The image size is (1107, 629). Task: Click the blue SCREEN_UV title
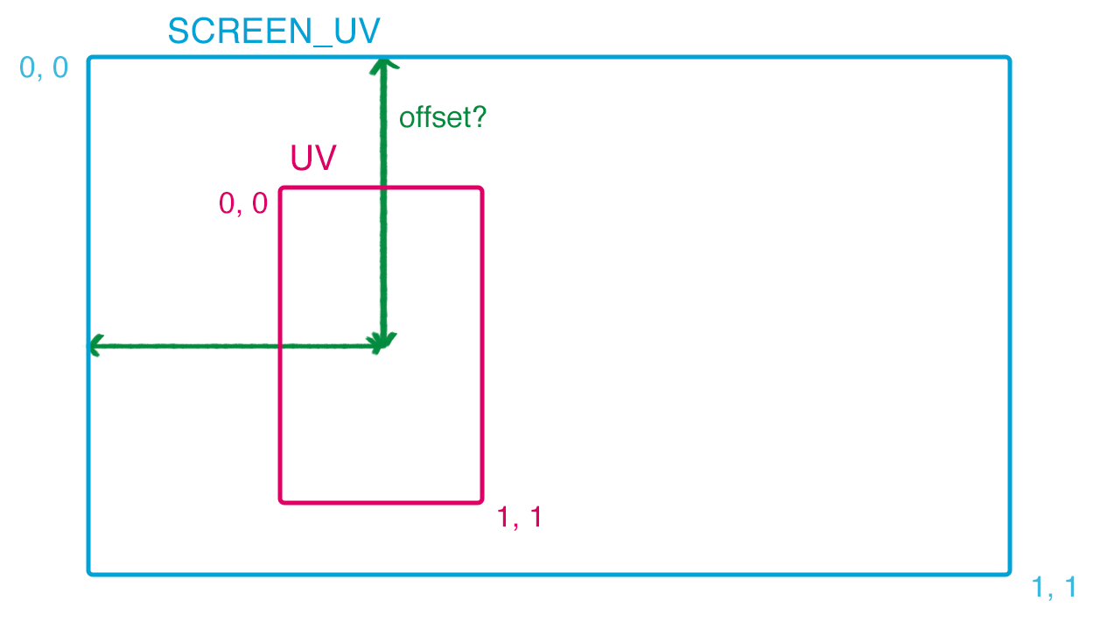(274, 32)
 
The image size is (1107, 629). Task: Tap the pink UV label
(313, 159)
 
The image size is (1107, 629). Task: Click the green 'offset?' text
(442, 117)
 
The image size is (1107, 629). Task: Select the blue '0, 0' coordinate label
(44, 67)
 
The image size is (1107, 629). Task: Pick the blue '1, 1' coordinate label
(1054, 588)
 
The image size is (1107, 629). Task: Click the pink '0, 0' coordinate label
(243, 203)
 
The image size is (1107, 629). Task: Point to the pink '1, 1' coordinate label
(520, 518)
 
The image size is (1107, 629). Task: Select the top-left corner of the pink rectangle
(281, 188)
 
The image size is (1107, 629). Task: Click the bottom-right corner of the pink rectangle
(481, 502)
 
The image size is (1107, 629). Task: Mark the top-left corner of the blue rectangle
(89, 59)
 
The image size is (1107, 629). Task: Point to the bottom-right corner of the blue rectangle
(1009, 574)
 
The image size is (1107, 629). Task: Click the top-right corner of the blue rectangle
(1009, 59)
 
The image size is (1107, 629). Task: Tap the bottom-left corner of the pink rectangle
(281, 502)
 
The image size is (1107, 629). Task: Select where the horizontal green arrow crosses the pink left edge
(281, 346)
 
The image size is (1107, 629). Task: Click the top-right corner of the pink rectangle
(481, 188)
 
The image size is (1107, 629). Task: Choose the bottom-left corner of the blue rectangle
(89, 574)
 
